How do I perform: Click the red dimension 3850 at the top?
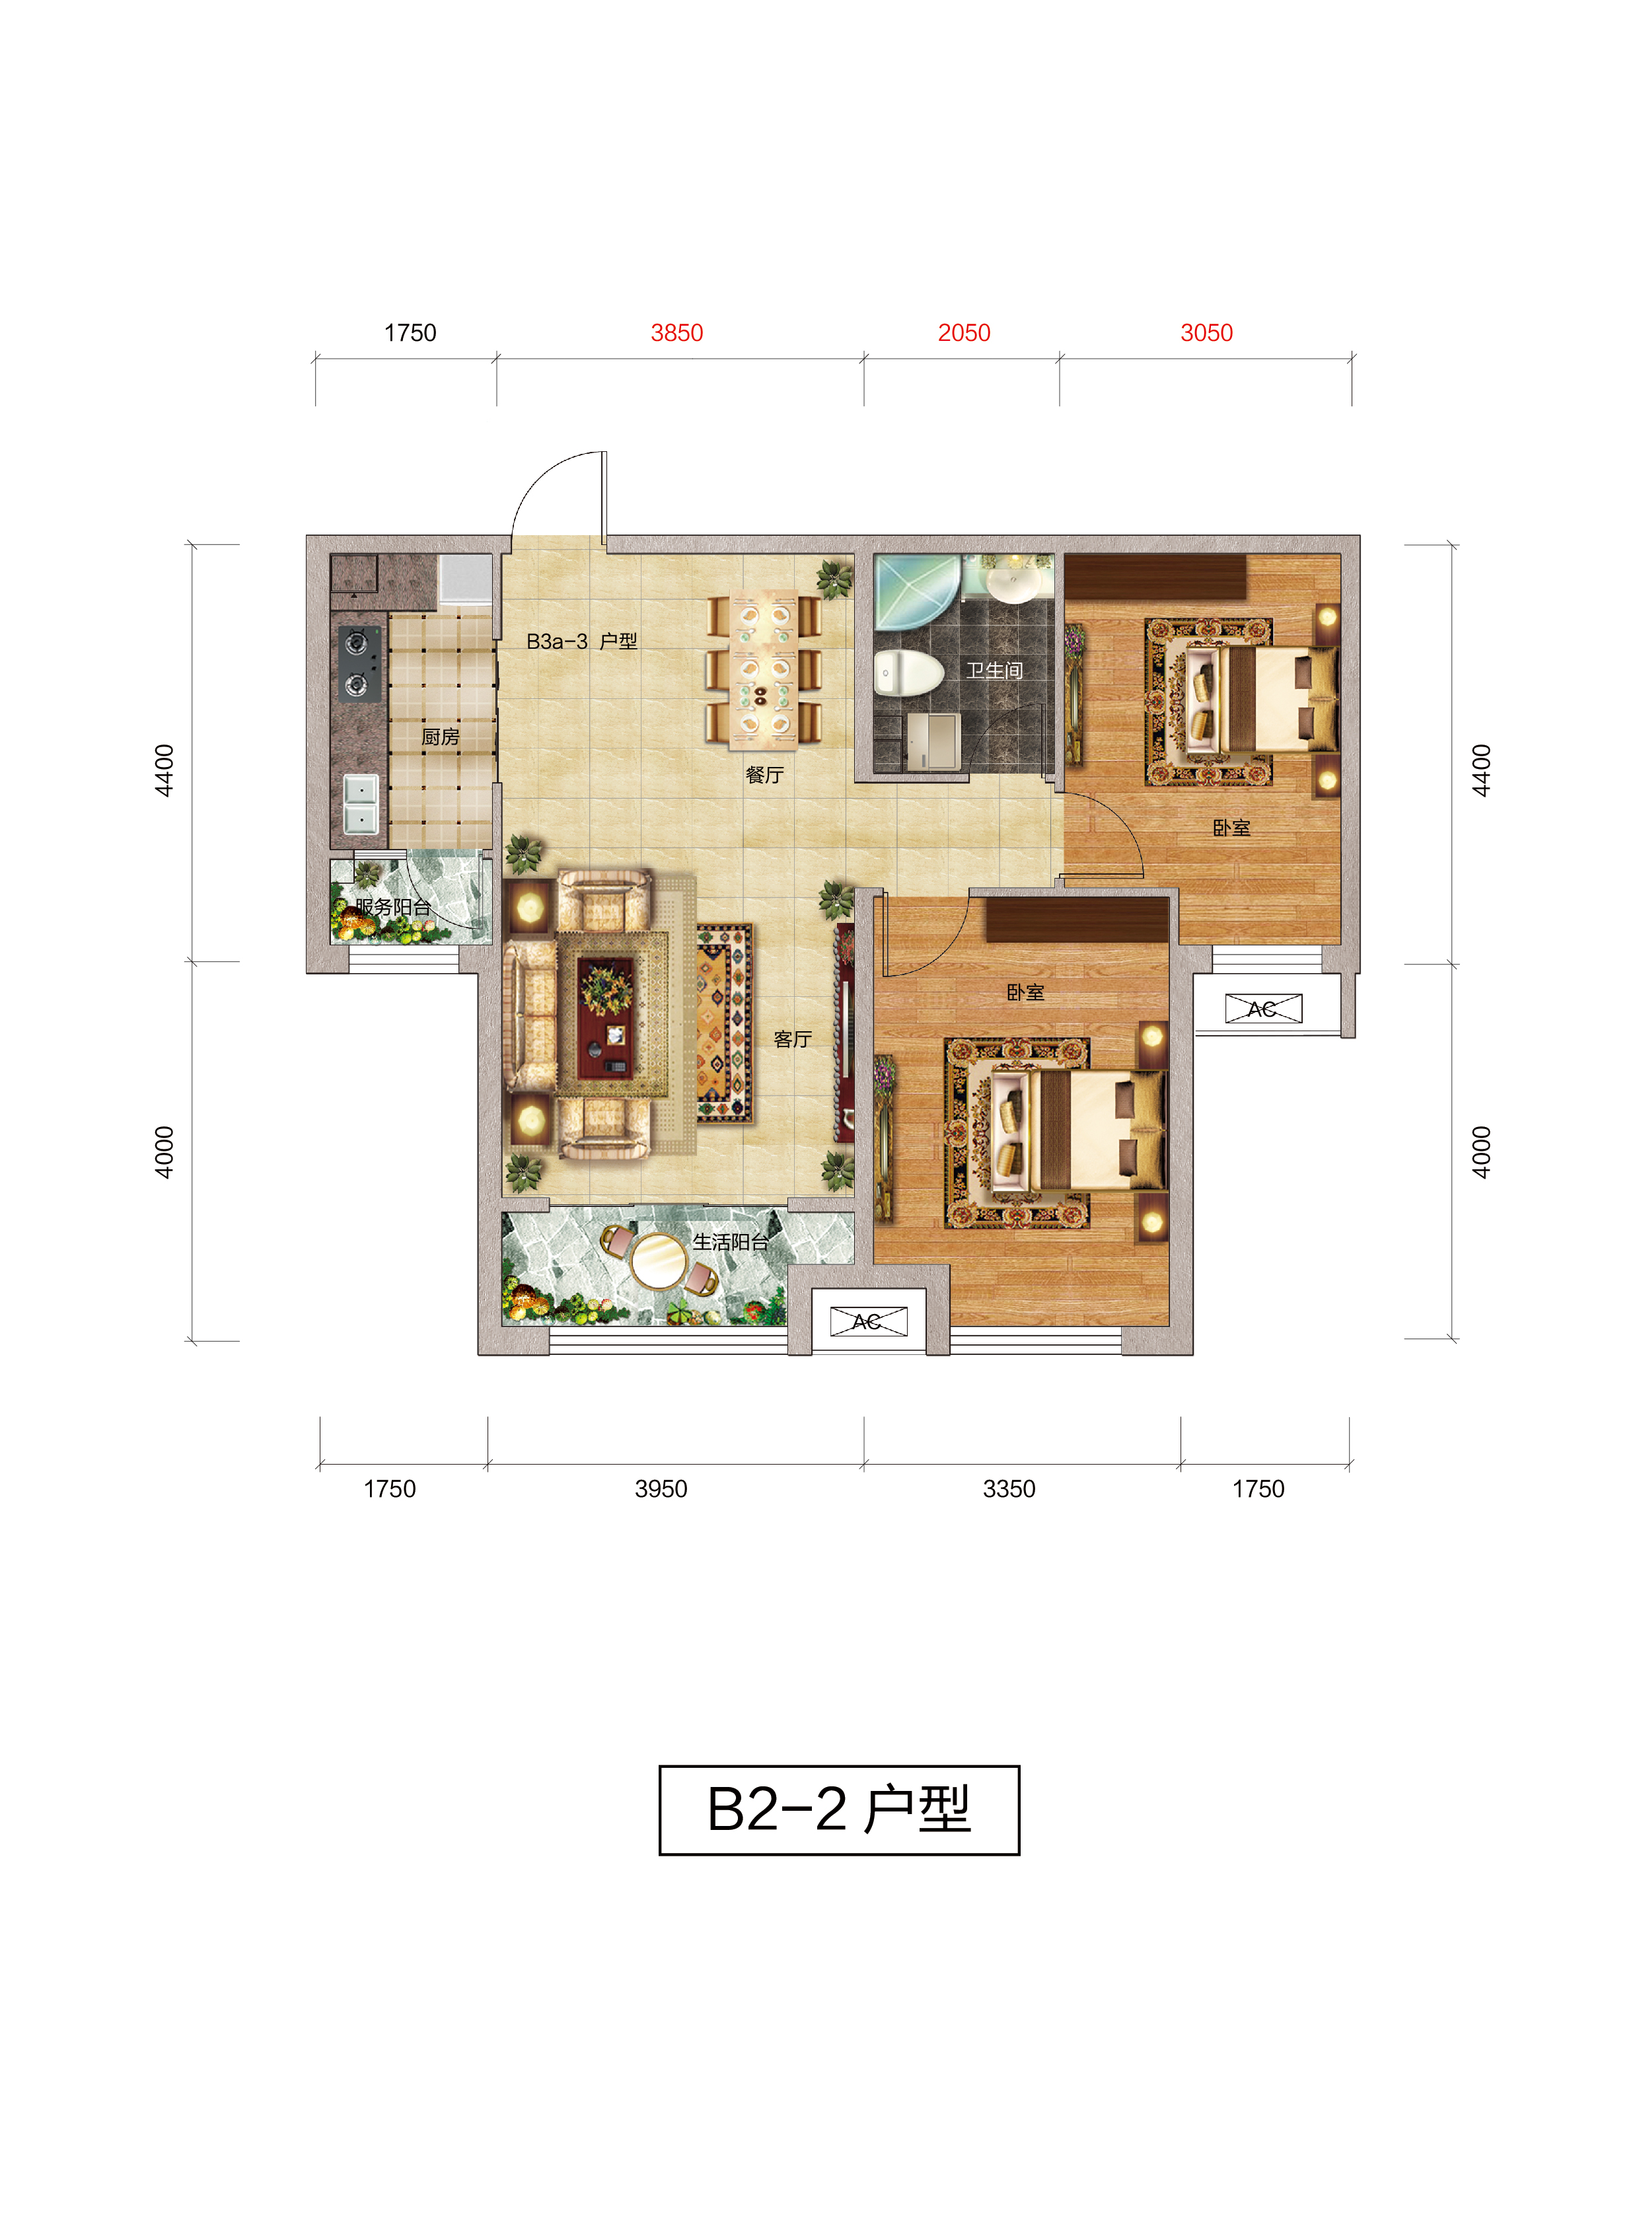coord(676,334)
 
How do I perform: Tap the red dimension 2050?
coord(965,334)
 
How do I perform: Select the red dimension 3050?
coord(1206,334)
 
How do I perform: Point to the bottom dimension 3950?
coord(661,1489)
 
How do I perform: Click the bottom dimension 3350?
coord(1009,1489)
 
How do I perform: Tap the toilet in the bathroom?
coord(908,674)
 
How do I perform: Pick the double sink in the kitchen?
coord(360,803)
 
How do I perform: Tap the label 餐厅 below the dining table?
coord(765,775)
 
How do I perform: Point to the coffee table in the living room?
coord(606,1019)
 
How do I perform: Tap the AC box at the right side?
coord(1263,1009)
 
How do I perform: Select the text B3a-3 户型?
coord(581,642)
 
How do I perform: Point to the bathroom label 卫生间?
coord(995,671)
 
